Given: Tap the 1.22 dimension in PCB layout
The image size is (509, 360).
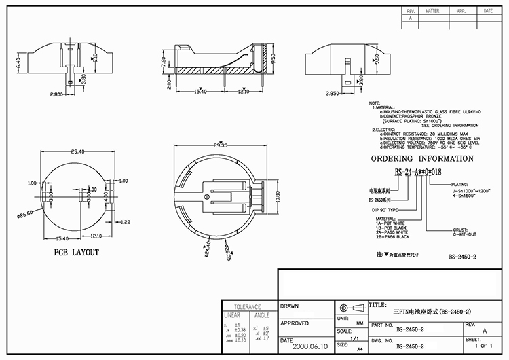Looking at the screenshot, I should pos(126,222).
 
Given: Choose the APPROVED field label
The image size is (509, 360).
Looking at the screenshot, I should pos(295,323).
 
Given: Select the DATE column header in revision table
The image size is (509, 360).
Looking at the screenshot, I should pos(488,12).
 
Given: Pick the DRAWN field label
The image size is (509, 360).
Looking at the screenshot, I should pos(290,306).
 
